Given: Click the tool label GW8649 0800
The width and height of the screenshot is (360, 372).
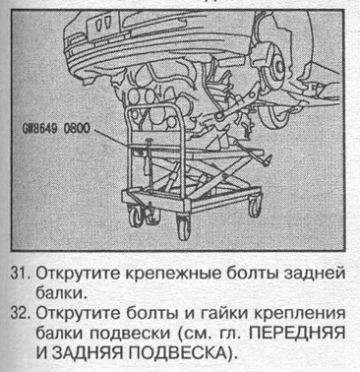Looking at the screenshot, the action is [55, 129].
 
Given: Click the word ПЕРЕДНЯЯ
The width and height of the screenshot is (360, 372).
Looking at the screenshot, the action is [296, 333].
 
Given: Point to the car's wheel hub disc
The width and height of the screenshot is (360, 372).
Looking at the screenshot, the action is [277, 68].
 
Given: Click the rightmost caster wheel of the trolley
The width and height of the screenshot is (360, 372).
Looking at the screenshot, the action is [254, 206].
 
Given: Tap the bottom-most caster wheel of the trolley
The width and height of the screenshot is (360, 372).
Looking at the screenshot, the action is [184, 226].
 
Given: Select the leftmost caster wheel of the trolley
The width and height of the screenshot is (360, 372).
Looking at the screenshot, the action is [135, 217].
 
